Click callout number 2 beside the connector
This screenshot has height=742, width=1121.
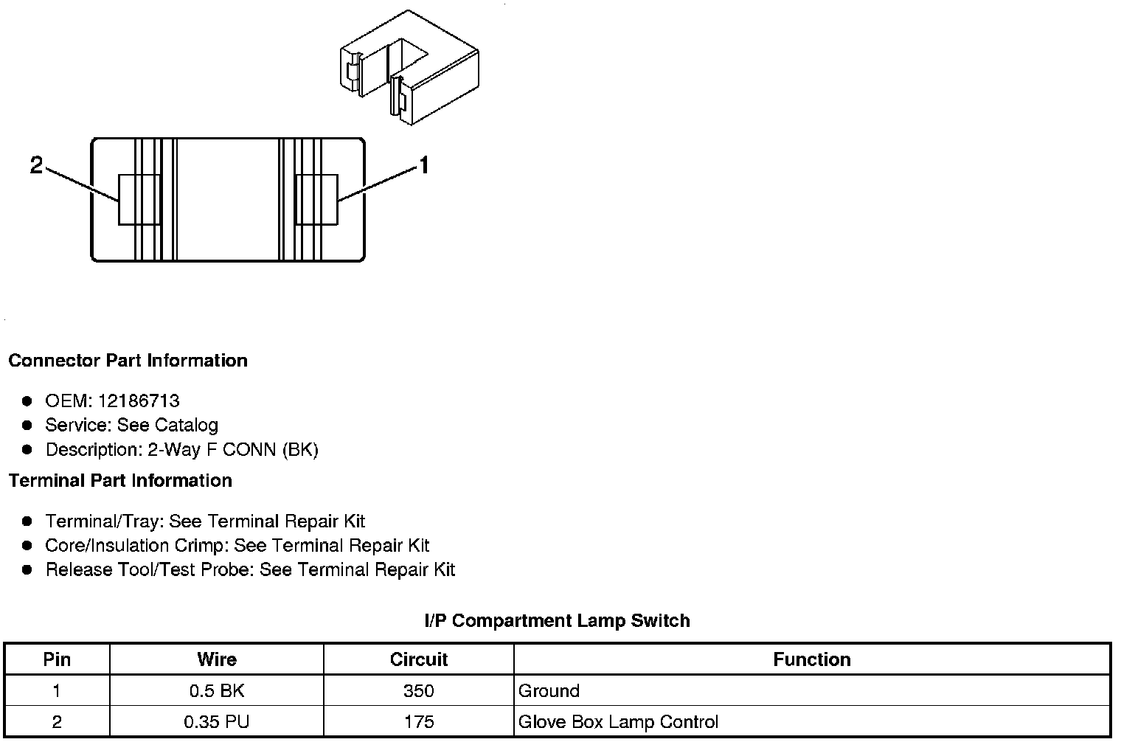[x=37, y=166]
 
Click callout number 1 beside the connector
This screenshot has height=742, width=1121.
[x=424, y=165]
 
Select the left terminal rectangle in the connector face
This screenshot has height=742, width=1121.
[x=139, y=200]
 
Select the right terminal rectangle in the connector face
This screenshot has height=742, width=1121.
[x=316, y=200]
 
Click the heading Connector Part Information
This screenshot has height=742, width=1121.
[x=128, y=361]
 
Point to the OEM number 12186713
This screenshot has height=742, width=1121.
[x=138, y=401]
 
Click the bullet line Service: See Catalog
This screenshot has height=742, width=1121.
[x=131, y=425]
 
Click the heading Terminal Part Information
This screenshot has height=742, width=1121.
[x=120, y=480]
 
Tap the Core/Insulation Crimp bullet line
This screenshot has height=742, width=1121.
[x=237, y=546]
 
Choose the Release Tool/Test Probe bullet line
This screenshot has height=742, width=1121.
[x=250, y=569]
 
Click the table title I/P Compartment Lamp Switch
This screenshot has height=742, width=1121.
[x=557, y=620]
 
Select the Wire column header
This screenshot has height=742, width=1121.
[x=217, y=659]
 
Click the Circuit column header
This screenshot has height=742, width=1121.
[x=419, y=659]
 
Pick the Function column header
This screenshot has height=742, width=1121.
[x=812, y=659]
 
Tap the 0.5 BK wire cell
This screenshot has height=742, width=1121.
[x=217, y=691]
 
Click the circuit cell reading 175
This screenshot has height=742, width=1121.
[x=419, y=721]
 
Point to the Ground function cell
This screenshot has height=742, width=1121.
[x=549, y=691]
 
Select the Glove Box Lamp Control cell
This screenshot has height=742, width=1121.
[x=618, y=721]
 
